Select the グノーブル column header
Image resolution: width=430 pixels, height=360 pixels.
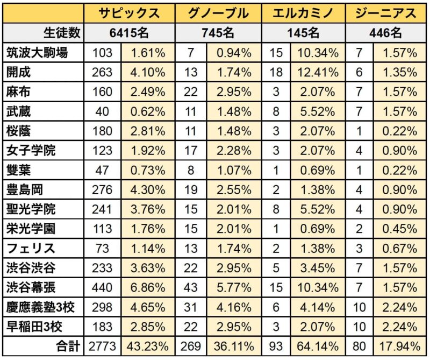tap(218, 13)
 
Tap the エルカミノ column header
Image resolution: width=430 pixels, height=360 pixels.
tap(304, 13)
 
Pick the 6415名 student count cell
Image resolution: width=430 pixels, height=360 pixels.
tap(130, 33)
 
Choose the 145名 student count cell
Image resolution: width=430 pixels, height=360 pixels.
tap(304, 33)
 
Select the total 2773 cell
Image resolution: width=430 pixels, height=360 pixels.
tap(102, 345)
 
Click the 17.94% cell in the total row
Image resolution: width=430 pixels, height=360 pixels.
tap(398, 345)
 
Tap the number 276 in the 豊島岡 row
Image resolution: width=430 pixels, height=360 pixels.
tap(102, 189)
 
